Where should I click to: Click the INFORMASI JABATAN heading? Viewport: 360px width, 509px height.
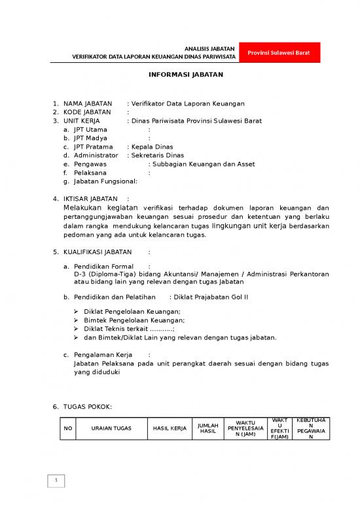[186, 75]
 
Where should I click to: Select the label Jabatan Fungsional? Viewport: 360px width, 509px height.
[105, 181]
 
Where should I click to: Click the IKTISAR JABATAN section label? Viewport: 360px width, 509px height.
[90, 198]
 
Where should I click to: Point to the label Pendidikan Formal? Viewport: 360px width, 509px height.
[103, 267]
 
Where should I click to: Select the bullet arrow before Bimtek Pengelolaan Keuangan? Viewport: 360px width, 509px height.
[77, 320]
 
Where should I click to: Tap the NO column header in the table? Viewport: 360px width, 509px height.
[67, 428]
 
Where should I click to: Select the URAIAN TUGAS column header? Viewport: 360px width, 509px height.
[111, 428]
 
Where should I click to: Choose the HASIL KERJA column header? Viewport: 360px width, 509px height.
[170, 428]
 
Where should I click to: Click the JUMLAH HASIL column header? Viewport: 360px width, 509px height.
[207, 428]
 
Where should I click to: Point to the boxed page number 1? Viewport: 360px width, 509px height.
[57, 482]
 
